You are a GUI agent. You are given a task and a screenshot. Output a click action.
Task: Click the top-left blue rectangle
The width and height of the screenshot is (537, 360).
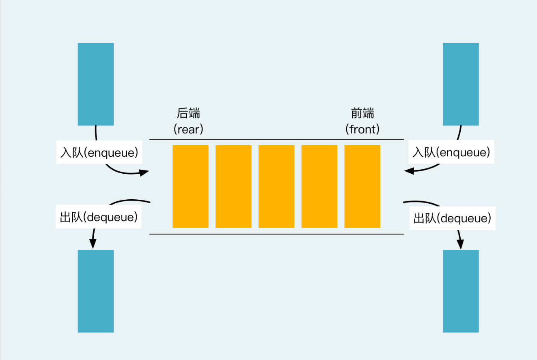(x=96, y=84)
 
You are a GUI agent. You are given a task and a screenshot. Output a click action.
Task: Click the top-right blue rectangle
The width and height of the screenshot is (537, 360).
(x=461, y=84)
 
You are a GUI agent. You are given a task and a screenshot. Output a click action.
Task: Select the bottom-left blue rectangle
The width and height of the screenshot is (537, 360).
(x=96, y=291)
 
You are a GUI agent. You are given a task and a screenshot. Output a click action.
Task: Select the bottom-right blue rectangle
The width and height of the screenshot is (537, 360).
(x=461, y=291)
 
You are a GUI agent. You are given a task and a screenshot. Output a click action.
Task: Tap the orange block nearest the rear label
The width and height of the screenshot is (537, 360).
(x=190, y=186)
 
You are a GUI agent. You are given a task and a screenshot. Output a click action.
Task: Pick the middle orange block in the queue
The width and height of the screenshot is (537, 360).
(x=276, y=186)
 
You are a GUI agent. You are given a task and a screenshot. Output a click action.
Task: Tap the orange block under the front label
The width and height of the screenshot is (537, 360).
(x=362, y=186)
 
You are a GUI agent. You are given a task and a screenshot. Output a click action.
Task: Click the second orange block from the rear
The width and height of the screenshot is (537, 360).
(x=233, y=186)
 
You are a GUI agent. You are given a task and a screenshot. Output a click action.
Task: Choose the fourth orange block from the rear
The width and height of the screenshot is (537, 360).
(x=319, y=186)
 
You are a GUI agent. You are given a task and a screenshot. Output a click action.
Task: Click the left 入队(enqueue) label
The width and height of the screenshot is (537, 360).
(x=99, y=153)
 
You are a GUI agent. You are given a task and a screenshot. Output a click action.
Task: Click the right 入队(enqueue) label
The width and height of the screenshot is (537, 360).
(x=451, y=152)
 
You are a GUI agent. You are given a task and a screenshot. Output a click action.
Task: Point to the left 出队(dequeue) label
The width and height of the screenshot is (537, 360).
(x=99, y=217)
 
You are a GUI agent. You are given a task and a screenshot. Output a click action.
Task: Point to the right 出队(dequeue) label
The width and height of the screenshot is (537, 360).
(x=452, y=218)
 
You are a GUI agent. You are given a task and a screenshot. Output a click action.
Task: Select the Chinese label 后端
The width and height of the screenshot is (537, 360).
(x=189, y=113)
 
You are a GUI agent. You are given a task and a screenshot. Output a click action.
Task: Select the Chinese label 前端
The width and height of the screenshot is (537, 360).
(x=362, y=113)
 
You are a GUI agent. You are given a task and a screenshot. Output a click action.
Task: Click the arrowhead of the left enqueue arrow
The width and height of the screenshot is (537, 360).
(x=145, y=172)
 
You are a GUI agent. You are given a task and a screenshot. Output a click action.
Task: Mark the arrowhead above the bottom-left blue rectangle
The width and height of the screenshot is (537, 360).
(x=93, y=243)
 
